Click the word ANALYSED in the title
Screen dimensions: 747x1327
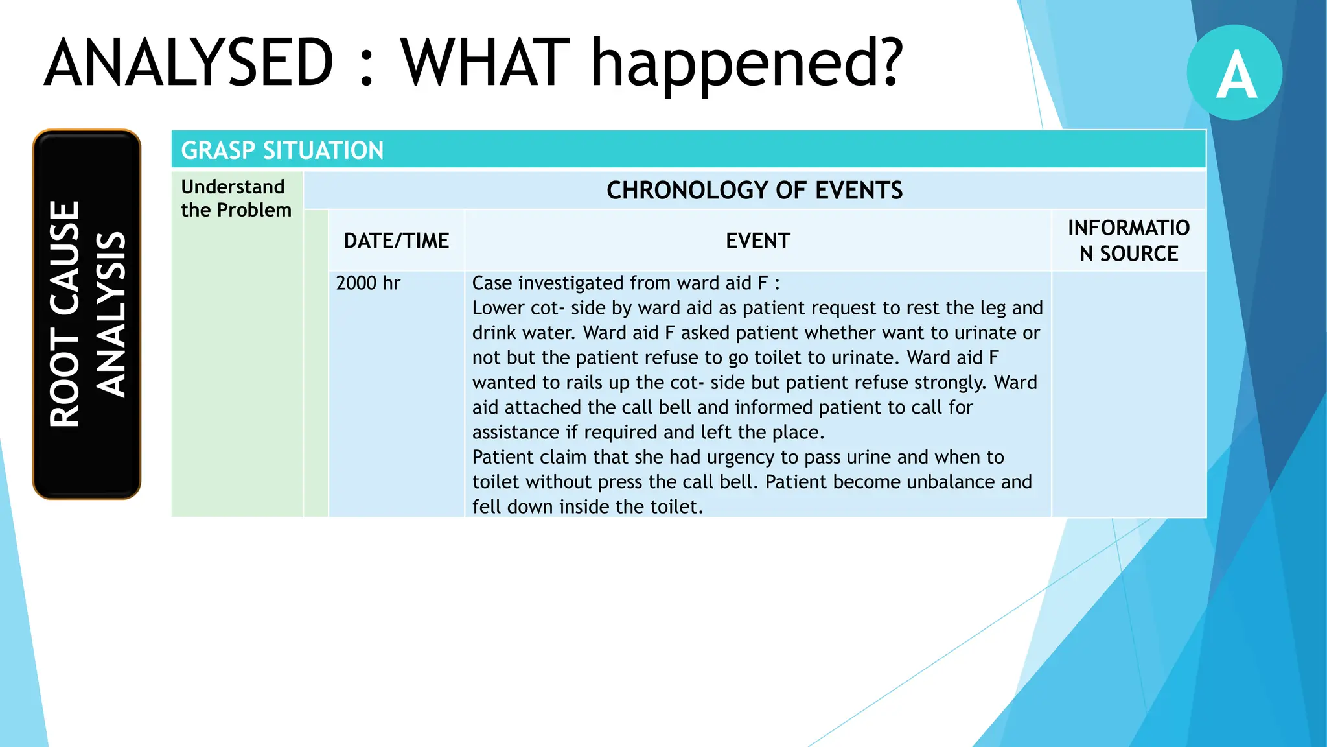pos(189,63)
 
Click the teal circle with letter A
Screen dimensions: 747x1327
pos(1234,73)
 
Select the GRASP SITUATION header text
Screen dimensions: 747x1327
pos(282,150)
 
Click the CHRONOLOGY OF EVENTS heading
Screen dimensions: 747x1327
pos(754,190)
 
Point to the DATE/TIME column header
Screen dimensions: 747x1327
pos(396,241)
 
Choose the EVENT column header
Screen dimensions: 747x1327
pos(757,241)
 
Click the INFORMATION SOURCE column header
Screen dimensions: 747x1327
pos(1128,241)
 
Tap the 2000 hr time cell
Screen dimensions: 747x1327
pos(368,283)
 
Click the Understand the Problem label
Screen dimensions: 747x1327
pos(236,198)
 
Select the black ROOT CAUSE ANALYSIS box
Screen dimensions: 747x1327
pos(87,314)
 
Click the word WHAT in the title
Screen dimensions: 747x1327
pos(485,63)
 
